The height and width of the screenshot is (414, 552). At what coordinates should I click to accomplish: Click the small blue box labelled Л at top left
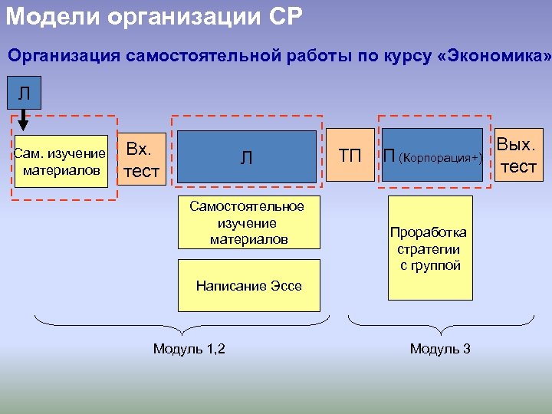tap(25, 94)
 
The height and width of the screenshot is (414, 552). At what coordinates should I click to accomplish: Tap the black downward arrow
tap(23, 120)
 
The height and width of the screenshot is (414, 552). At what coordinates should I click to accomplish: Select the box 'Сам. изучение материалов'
tap(61, 162)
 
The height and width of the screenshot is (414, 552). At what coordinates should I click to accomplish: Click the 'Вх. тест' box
tap(141, 159)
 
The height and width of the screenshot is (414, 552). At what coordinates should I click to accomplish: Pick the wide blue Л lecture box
tap(246, 157)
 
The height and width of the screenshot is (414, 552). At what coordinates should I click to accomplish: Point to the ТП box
tap(350, 156)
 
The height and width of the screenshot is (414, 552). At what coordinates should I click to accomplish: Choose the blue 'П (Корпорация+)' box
tap(433, 156)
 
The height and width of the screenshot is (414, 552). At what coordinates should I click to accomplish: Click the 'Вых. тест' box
tap(518, 156)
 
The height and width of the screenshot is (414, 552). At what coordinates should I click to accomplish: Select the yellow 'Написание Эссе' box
tap(248, 286)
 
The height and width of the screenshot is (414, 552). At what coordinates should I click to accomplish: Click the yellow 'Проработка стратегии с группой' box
tap(429, 248)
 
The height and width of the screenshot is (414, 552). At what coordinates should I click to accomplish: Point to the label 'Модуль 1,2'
tap(189, 349)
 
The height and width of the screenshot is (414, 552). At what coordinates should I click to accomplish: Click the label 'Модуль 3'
tap(440, 349)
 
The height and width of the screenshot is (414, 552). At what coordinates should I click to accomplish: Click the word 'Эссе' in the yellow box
tap(286, 286)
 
